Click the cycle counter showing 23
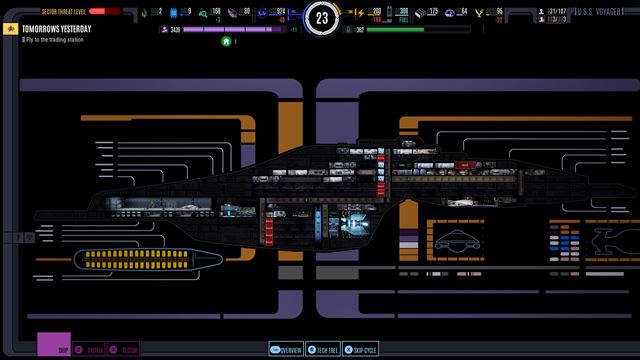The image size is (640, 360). (321, 17)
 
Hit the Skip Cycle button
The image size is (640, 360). (359, 350)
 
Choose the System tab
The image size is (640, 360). (90, 350)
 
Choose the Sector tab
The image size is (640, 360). (124, 350)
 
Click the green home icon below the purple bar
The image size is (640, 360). (227, 42)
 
